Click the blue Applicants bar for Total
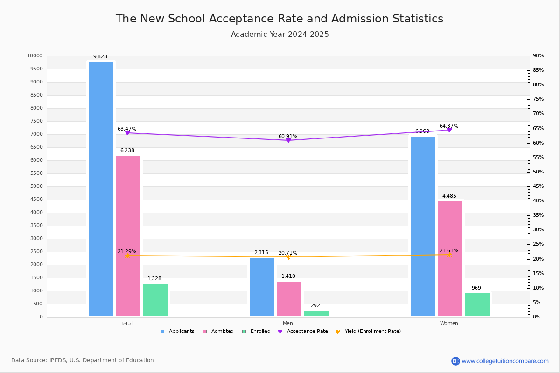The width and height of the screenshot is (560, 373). [101, 189]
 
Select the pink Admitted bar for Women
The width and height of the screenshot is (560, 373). [450, 259]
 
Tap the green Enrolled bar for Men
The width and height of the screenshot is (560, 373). [316, 313]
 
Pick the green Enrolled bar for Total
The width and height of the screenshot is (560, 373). [155, 300]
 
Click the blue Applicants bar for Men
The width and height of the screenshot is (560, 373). [262, 287]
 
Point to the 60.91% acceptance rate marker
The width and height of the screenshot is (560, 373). [288, 140]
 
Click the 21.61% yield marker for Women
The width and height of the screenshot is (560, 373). [449, 255]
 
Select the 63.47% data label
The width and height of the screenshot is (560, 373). [127, 129]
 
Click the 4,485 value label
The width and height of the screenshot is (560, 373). [449, 196]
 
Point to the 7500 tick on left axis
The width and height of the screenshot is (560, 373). [36, 121]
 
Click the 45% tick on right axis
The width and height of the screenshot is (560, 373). [538, 186]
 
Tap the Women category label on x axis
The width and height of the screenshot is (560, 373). [449, 324]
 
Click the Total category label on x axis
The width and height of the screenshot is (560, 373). [127, 324]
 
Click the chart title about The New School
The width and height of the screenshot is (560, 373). [280, 19]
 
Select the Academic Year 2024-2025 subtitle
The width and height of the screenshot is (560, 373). [280, 35]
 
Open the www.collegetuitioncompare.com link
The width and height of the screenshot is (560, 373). [505, 361]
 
